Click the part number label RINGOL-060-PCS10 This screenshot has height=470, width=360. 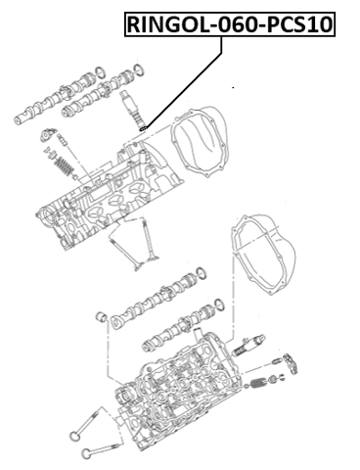click(230, 24)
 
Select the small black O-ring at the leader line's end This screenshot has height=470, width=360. click(143, 128)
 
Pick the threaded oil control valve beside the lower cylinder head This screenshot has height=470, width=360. click(249, 345)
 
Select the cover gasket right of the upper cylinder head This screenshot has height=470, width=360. click(197, 143)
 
